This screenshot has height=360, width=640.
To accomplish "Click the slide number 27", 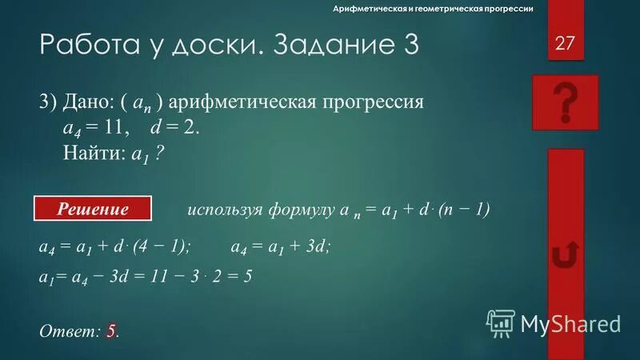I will [565, 42].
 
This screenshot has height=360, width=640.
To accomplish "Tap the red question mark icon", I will [565, 102].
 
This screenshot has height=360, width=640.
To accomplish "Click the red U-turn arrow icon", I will [565, 256].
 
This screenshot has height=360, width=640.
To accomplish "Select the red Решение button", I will [93, 210].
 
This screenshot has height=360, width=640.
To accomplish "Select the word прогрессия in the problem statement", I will [379, 105].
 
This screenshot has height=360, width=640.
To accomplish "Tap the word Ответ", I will [67, 330].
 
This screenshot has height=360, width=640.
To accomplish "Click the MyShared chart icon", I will [501, 322].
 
